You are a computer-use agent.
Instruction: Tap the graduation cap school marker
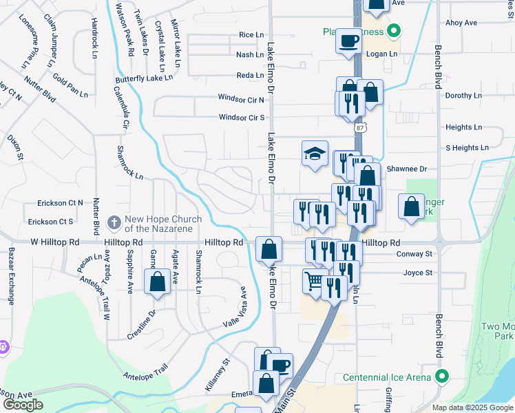pos(314,153)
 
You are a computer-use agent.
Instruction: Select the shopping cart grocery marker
pos(314,280)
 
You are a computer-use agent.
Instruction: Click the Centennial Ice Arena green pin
pos(442,377)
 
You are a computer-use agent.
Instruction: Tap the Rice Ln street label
pos(251,34)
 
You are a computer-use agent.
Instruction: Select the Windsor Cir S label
pos(242,117)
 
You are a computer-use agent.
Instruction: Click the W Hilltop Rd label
pos(55,243)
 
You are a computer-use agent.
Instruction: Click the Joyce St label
pos(418,273)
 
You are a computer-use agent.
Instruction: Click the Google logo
pos(23,404)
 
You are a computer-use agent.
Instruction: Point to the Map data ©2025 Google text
pos(472,407)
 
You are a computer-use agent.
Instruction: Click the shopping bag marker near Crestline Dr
pos(157,281)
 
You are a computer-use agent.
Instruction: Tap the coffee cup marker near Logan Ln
pos(348,39)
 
